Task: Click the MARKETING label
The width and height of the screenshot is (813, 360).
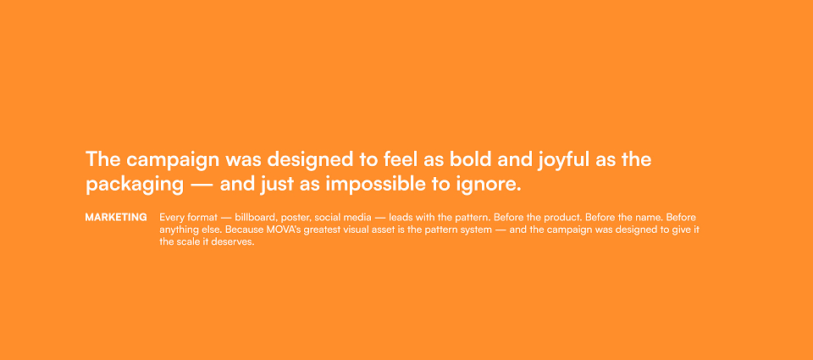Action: point(116,218)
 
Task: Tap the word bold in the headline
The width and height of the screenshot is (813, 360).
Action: point(470,159)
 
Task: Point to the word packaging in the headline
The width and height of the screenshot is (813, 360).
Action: point(135,186)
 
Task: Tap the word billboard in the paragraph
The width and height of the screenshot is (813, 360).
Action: point(255,218)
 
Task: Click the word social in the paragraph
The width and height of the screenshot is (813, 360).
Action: point(328,218)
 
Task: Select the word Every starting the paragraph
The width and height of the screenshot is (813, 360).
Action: point(170,218)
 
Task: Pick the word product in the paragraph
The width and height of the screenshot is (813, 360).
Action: point(578,218)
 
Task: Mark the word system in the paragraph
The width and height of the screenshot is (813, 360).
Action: point(475,230)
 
